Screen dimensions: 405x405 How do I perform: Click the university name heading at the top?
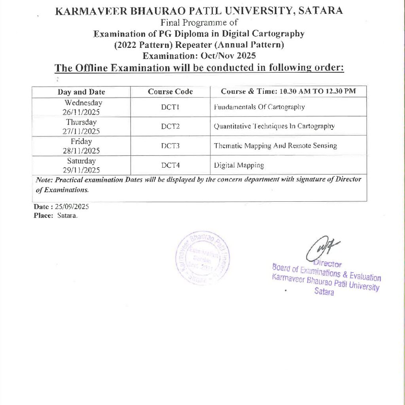tap(199, 11)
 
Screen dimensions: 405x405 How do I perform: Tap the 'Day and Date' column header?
tap(81, 92)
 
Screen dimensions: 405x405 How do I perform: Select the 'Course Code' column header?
tap(170, 92)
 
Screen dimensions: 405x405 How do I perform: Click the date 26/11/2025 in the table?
tap(81, 112)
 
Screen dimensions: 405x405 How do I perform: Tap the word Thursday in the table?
tap(81, 122)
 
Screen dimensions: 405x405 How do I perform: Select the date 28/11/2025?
tap(81, 151)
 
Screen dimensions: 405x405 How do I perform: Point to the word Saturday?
tap(81, 161)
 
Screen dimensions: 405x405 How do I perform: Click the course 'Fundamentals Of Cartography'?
tap(259, 107)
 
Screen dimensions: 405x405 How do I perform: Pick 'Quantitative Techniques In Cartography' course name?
tap(274, 127)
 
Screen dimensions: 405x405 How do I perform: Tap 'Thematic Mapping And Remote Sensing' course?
tap(275, 146)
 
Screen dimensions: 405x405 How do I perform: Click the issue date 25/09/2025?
tap(73, 207)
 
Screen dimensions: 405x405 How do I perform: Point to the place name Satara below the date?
tap(67, 216)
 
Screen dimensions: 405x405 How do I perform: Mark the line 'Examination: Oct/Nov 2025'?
tap(199, 56)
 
